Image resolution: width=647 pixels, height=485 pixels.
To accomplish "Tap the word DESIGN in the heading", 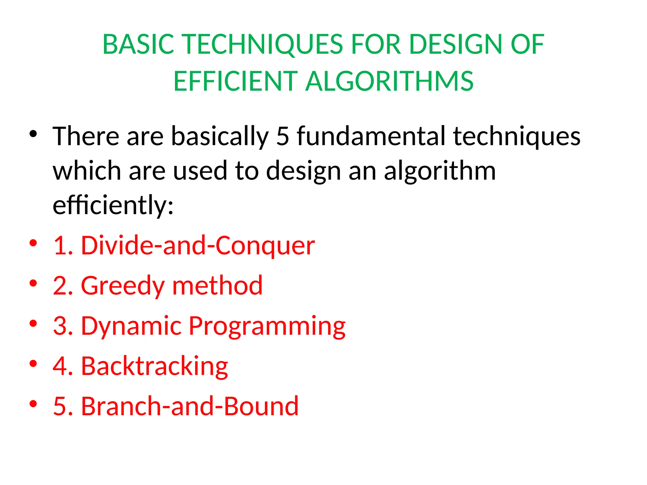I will point(455,44).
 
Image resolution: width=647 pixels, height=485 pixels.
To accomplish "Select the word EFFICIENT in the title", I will point(235,81).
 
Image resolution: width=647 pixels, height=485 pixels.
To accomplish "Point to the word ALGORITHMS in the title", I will point(389,81).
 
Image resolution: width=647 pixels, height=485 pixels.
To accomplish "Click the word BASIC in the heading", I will point(138,44).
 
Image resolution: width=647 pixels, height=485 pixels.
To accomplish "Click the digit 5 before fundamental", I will point(283,136).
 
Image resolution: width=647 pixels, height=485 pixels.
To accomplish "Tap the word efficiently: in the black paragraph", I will point(113,205).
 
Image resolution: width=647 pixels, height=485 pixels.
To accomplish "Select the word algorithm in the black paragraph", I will point(439,171).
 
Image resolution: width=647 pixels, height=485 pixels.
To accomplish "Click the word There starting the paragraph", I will point(86,136).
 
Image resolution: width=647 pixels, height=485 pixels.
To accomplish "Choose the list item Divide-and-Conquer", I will point(198,245).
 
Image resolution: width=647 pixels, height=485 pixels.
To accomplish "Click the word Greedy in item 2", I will point(123,286).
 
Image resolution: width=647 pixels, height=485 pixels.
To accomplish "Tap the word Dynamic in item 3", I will point(131,326).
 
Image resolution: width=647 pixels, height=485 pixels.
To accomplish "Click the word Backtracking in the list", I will point(154,366).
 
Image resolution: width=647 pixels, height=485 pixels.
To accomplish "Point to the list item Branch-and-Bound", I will point(190,406).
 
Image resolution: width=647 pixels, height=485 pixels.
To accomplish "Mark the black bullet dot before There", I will point(33,134).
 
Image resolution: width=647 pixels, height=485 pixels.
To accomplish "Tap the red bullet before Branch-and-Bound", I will point(33,404).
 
